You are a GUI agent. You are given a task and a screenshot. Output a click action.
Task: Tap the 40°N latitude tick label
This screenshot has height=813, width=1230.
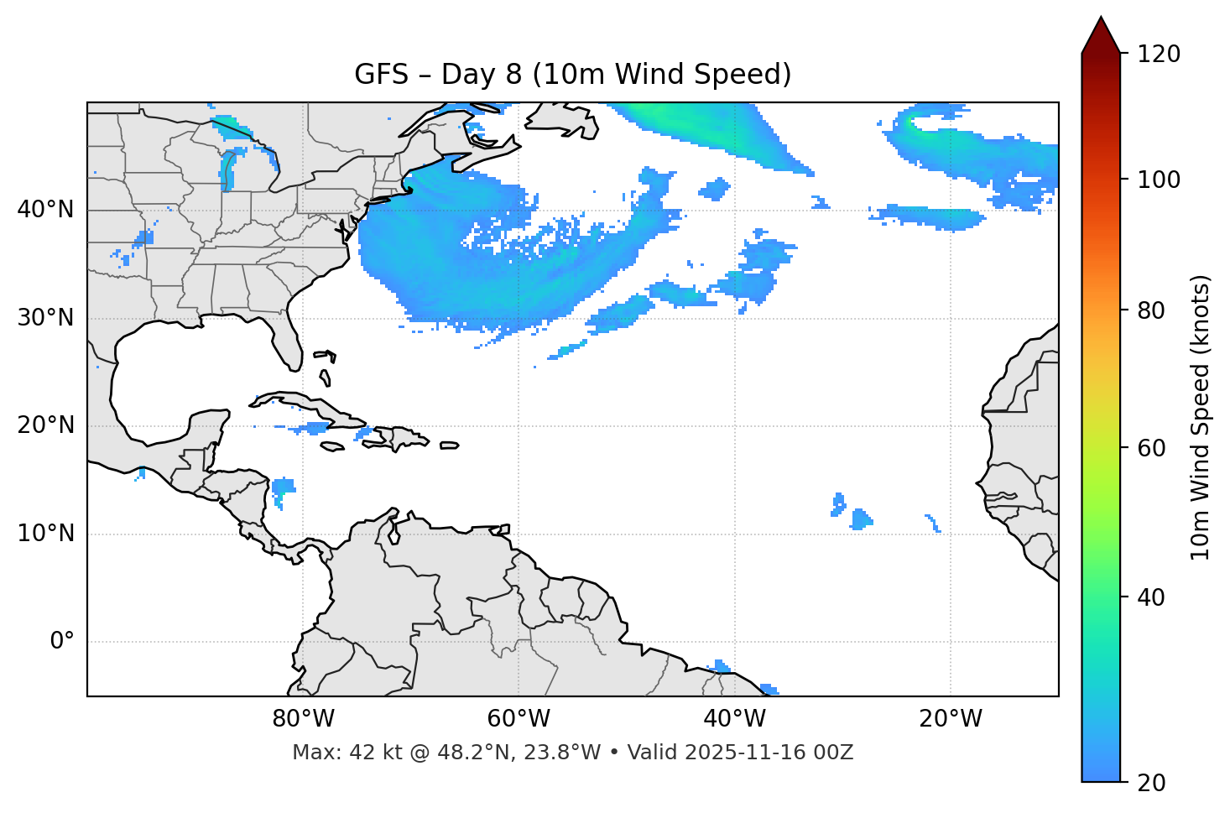tap(45, 210)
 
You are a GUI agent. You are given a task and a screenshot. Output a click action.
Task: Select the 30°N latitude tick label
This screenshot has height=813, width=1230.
tap(45, 318)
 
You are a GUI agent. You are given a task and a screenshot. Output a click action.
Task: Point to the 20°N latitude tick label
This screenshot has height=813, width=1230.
tap(45, 425)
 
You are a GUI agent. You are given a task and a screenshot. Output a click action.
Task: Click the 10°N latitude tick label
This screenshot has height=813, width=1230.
tap(45, 534)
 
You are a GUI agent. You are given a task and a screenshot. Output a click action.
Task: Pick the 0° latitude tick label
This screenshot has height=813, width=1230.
tap(62, 642)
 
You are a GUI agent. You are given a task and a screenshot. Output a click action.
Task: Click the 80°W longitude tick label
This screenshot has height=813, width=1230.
tap(303, 719)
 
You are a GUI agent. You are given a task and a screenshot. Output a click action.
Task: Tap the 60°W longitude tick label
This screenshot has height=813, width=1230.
tap(519, 719)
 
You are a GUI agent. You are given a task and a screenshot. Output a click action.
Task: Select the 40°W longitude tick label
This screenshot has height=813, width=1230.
tap(734, 719)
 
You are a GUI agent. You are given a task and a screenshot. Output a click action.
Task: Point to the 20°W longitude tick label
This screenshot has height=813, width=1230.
tap(950, 719)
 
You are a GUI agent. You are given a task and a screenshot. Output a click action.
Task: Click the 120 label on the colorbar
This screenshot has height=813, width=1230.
tap(1159, 55)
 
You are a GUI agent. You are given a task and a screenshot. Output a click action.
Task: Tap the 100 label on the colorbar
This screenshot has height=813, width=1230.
tap(1159, 180)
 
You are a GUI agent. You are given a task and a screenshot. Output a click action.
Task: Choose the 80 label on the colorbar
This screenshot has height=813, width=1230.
tap(1153, 310)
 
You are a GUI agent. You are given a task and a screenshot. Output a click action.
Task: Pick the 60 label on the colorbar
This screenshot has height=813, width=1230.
tap(1153, 448)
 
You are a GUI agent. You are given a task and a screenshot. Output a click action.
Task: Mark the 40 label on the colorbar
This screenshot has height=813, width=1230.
tap(1153, 597)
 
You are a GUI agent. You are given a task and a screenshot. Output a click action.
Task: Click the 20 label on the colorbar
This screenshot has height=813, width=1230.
tap(1153, 783)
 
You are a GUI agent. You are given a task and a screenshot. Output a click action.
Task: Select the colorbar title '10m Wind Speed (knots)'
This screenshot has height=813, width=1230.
tap(1201, 417)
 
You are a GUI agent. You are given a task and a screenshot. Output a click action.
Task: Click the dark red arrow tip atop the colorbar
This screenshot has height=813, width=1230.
tap(1101, 34)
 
